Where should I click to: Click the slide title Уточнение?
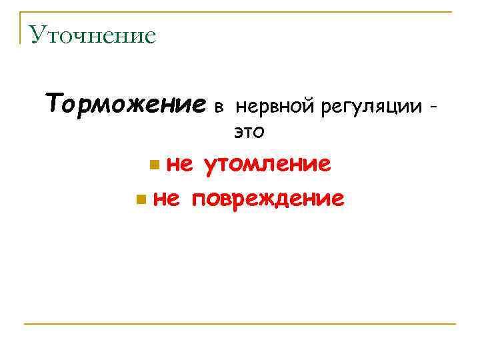point(93,35)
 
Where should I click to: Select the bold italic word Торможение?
point(125,104)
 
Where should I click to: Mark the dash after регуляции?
point(435,106)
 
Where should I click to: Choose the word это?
point(249,133)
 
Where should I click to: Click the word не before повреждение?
point(166,198)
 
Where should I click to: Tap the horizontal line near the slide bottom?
point(240,324)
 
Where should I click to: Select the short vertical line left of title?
point(21,28)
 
